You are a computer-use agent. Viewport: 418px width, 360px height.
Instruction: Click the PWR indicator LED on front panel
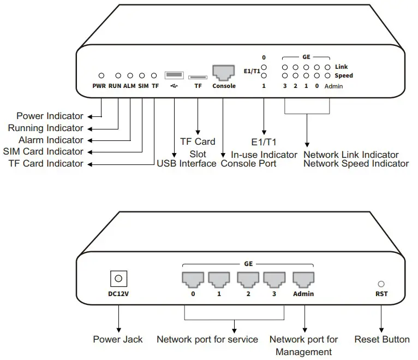coord(101,75)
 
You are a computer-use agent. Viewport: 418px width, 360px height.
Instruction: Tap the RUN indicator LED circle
coord(118,75)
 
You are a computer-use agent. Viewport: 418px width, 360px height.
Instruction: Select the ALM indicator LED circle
coord(130,75)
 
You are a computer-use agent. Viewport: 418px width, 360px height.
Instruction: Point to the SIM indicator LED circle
coord(142,75)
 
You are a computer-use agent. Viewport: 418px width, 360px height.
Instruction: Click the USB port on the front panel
coord(174,75)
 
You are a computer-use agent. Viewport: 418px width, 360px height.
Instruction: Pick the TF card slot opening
coord(198,77)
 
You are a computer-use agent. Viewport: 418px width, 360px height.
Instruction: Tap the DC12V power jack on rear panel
coord(117,279)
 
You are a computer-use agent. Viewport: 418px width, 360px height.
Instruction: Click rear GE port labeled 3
coord(274,280)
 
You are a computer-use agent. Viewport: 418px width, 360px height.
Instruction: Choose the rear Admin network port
coord(303,280)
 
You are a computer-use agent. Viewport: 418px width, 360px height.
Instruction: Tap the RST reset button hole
coord(381,284)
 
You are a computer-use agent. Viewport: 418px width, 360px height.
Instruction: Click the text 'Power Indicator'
coord(50,116)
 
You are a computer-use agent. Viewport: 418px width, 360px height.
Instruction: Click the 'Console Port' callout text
coord(248,163)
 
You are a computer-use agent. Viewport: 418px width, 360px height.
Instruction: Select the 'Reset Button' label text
coord(381,339)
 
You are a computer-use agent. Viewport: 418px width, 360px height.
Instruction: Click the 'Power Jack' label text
coord(117,339)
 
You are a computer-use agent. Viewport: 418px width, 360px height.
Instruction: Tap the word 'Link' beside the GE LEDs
coord(341,67)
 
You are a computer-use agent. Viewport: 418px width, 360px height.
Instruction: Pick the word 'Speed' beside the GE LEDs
coord(343,76)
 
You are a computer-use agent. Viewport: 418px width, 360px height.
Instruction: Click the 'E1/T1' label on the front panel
coord(252,71)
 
